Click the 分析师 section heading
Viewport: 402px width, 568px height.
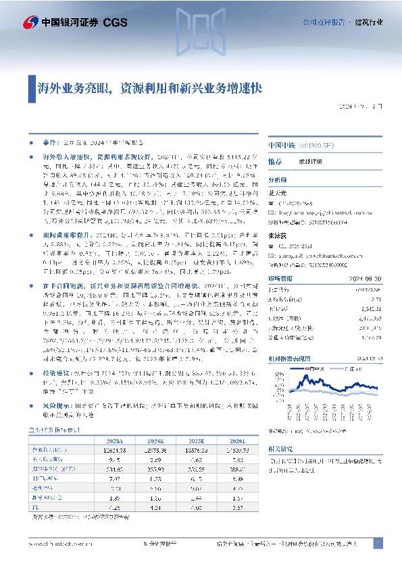[x=278, y=180]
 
